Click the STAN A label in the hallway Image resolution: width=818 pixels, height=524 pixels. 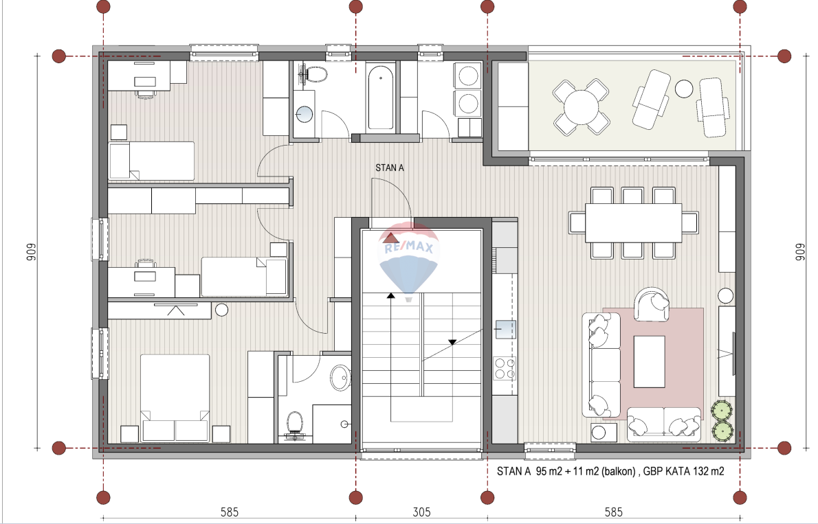coord(389,168)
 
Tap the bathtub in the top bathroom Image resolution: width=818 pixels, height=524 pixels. coord(380,96)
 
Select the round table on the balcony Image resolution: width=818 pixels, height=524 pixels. coord(581,107)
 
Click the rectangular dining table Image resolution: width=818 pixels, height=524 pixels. coord(633,223)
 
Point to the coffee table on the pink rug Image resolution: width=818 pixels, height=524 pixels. coord(650,361)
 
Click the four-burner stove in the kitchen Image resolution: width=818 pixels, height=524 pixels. coord(504,368)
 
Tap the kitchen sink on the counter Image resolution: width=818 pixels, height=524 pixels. coord(505,330)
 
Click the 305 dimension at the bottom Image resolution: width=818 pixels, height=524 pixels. coord(421,512)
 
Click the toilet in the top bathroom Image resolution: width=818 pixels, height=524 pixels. coord(314,75)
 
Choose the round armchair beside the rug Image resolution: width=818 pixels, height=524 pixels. coord(652,304)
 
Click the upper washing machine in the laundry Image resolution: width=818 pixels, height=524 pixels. coord(468,76)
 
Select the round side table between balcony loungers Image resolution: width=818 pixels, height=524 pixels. coord(684,89)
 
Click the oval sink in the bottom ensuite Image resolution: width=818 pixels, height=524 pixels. coord(341,377)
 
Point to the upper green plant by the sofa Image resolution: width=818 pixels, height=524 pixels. coord(722,410)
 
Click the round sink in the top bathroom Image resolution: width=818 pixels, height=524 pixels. coord(304,114)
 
